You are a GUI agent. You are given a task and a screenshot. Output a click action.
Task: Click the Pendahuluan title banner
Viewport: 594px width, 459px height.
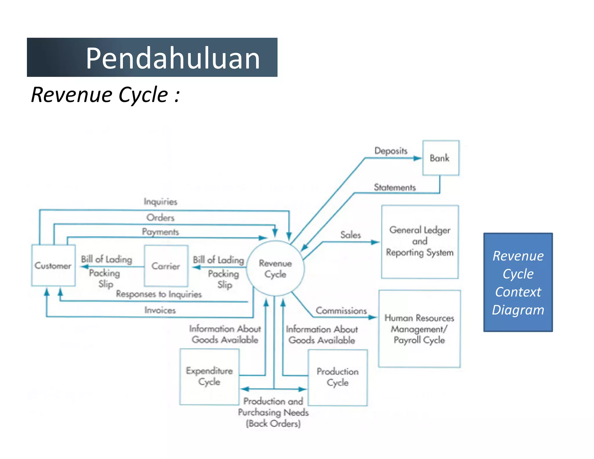pyautogui.click(x=152, y=57)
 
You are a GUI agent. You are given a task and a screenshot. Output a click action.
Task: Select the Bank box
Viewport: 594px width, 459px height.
pyautogui.click(x=441, y=158)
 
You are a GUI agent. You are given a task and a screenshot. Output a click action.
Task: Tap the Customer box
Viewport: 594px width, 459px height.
pyautogui.click(x=53, y=265)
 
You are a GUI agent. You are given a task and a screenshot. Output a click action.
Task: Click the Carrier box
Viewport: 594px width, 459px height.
pyautogui.click(x=166, y=266)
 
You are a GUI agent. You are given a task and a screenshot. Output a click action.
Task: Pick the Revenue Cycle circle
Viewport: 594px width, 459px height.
pyautogui.click(x=275, y=268)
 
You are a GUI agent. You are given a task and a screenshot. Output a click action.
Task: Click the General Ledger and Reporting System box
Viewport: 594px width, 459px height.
pyautogui.click(x=420, y=242)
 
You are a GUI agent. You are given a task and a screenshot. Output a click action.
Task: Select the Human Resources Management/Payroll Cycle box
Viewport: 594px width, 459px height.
pyautogui.click(x=419, y=329)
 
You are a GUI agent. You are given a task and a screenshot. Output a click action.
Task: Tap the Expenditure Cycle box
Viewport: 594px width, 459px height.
pyautogui.click(x=209, y=376)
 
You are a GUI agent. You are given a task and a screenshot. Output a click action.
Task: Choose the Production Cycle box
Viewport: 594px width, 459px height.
pyautogui.click(x=338, y=377)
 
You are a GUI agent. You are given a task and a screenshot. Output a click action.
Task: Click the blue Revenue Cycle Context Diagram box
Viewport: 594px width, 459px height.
pyautogui.click(x=518, y=282)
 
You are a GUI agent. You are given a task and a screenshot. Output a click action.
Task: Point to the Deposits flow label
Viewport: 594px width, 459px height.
pyautogui.click(x=391, y=151)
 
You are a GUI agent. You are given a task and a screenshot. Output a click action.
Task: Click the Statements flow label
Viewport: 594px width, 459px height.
pyautogui.click(x=395, y=187)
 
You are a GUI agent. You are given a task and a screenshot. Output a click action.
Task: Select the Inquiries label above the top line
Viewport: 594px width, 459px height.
pyautogui.click(x=160, y=202)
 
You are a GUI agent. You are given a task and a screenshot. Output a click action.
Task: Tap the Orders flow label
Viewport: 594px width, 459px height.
pyautogui.click(x=160, y=218)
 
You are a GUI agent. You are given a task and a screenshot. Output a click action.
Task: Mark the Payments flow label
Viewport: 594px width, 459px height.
pyautogui.click(x=160, y=232)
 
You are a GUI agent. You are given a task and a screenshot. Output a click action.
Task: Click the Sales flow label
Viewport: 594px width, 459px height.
pyautogui.click(x=350, y=235)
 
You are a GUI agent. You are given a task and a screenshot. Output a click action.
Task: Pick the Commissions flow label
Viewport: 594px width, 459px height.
pyautogui.click(x=341, y=311)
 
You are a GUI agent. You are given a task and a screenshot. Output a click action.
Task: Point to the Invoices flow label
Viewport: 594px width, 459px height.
pyautogui.click(x=160, y=310)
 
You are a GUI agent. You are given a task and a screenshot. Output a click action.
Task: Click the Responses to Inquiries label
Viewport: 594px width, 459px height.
pyautogui.click(x=159, y=294)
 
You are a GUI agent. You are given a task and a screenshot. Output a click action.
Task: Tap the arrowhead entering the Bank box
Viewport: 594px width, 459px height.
pyautogui.click(x=418, y=158)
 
